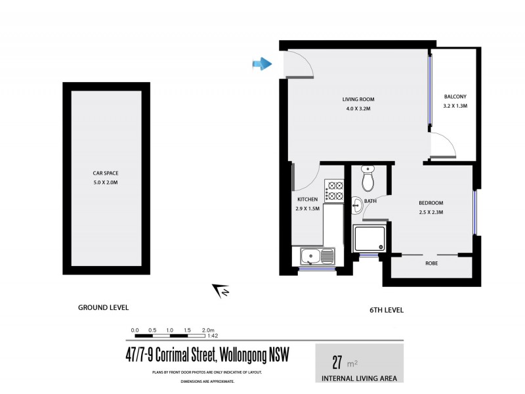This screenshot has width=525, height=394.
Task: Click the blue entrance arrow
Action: tap(262, 64)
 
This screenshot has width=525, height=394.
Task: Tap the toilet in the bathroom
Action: tap(368, 177)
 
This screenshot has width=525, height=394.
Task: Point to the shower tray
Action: tap(370, 239)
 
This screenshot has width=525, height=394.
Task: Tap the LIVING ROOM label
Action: tap(358, 100)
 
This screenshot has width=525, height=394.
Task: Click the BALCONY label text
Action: tap(455, 96)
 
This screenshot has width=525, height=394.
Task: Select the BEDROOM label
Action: tap(431, 203)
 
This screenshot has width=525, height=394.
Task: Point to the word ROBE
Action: tap(431, 263)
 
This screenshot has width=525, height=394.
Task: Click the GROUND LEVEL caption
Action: tap(103, 307)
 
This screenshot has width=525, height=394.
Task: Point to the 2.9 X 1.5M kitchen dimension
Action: tap(307, 209)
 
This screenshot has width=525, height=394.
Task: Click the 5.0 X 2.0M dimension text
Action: tap(105, 182)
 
